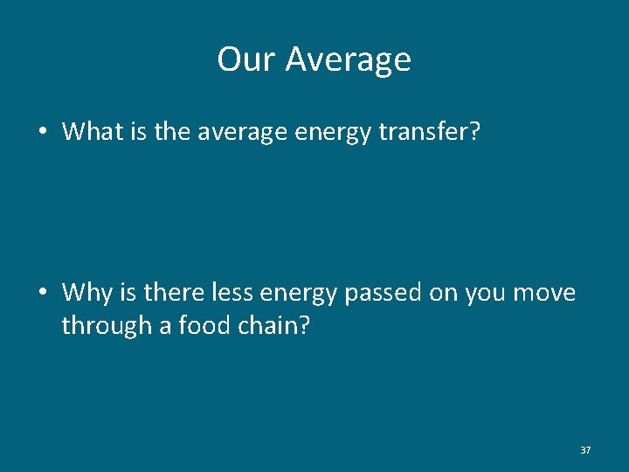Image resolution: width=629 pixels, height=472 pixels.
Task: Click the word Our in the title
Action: (x=247, y=59)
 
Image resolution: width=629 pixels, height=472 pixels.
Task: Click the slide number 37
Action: (x=585, y=450)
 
